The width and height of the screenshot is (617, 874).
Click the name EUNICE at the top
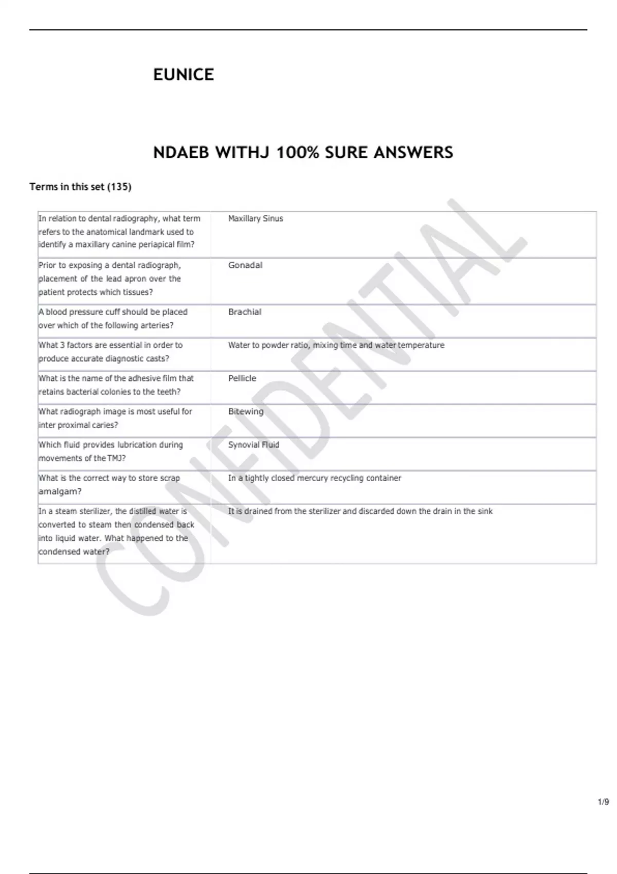point(184,75)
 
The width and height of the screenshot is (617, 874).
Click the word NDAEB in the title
point(180,153)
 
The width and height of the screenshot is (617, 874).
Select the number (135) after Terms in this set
point(119,187)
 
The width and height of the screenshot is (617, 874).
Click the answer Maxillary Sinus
point(256,219)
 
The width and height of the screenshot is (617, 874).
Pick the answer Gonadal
point(245,265)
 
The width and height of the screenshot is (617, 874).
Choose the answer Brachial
point(245,312)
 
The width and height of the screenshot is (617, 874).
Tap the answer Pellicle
point(242,378)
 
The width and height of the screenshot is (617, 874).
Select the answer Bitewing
point(246,411)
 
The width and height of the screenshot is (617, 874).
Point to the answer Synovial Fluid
point(253,445)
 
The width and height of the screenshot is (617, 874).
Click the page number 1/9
point(604,802)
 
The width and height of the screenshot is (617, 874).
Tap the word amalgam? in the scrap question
point(60,491)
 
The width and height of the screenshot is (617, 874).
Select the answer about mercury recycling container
point(315,478)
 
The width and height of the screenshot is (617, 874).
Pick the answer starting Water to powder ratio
point(336,345)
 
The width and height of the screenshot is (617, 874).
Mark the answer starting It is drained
point(360,511)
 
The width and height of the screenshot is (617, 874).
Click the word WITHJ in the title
point(242,153)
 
